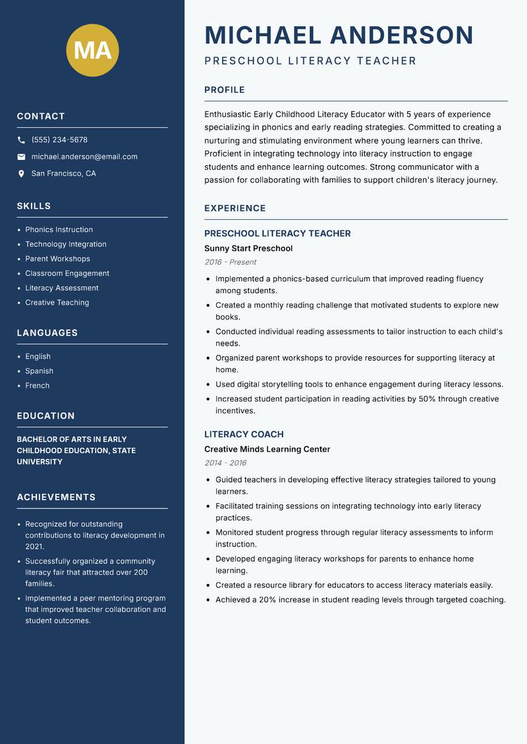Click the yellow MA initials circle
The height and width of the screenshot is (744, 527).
tap(92, 50)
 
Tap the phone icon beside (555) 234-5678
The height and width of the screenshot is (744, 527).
tap(21, 140)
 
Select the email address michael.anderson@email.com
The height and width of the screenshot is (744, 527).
tap(84, 157)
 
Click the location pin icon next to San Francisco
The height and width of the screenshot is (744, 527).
tap(21, 174)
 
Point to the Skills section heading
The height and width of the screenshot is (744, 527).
tap(34, 206)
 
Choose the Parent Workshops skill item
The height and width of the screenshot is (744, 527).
tap(57, 259)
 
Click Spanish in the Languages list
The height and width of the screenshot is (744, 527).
tap(39, 371)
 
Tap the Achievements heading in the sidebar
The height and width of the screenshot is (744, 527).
tap(56, 497)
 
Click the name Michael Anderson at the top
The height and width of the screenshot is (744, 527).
tap(339, 35)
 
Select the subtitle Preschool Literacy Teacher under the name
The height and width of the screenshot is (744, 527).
tap(310, 61)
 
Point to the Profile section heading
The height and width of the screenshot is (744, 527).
tap(224, 90)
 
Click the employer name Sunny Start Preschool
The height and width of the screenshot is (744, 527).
tap(248, 248)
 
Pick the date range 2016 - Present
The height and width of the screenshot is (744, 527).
tap(230, 262)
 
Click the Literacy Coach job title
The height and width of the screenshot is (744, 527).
tap(244, 435)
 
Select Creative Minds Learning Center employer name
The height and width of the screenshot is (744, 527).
tap(267, 449)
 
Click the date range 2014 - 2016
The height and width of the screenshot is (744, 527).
tap(225, 463)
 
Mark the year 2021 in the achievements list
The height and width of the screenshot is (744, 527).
tap(34, 546)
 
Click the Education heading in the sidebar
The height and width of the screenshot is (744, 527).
tap(45, 416)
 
